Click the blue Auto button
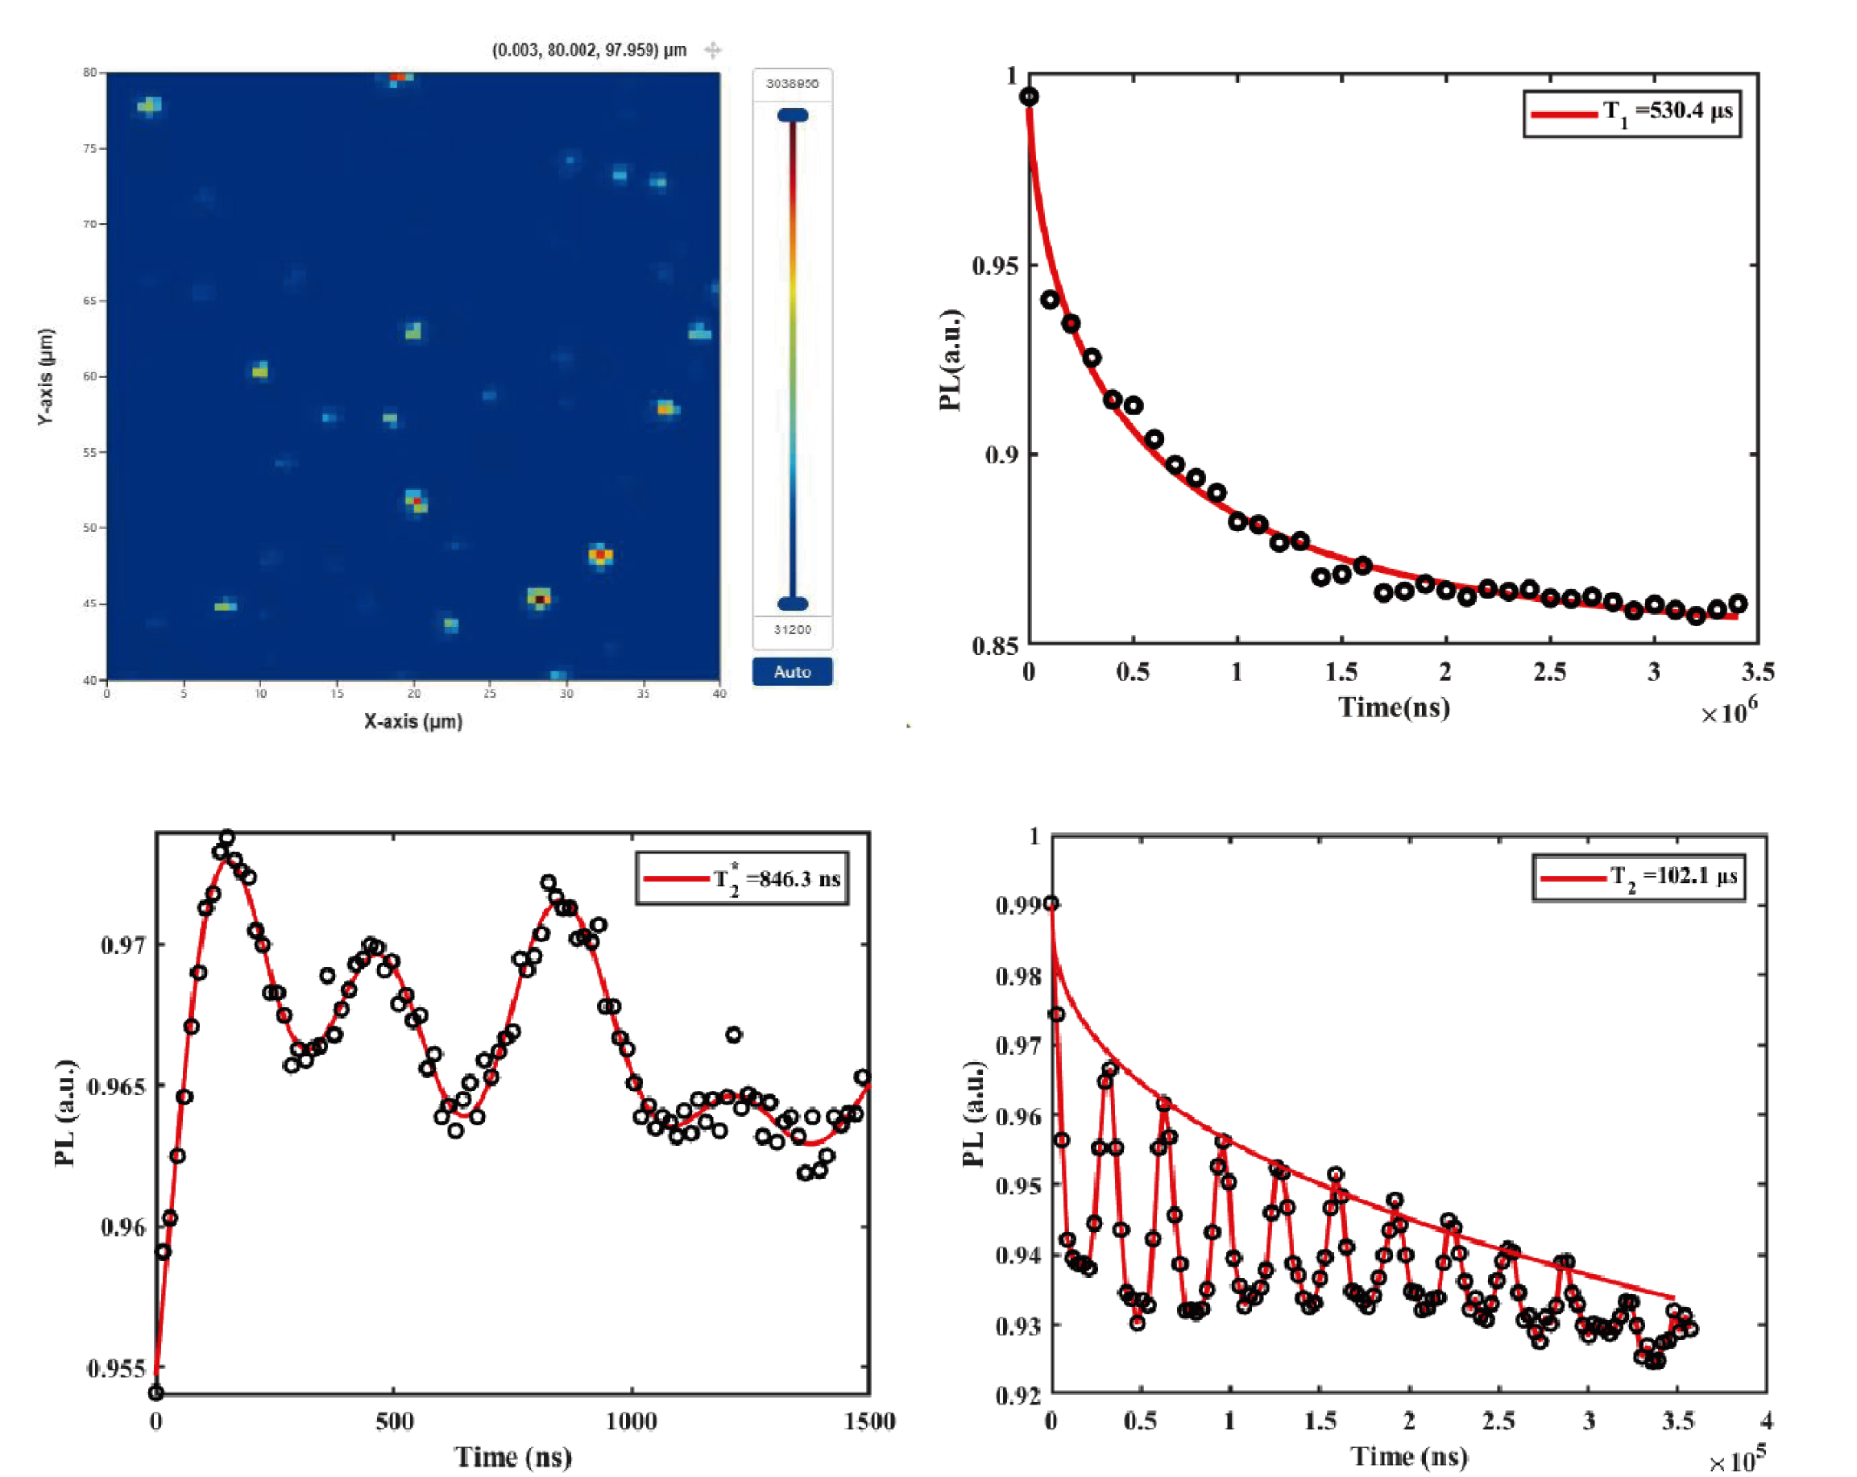click(x=792, y=672)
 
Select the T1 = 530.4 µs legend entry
click(x=1632, y=113)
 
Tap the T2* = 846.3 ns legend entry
click(x=743, y=879)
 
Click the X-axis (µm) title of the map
click(x=412, y=722)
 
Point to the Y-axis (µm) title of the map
click(x=46, y=376)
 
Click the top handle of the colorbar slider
click(x=793, y=115)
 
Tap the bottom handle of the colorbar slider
click(x=793, y=603)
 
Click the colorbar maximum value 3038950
click(x=792, y=84)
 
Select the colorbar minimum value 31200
click(x=792, y=629)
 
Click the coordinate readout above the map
click(x=589, y=50)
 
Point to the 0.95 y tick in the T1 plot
click(x=995, y=265)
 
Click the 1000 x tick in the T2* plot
click(x=632, y=1421)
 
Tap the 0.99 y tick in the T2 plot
click(x=1015, y=905)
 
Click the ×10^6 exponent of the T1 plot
click(x=1729, y=712)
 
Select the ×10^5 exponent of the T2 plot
click(x=1735, y=1461)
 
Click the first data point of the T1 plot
click(x=1029, y=97)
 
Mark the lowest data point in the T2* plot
click(x=156, y=1392)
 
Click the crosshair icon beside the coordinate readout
click(x=712, y=50)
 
